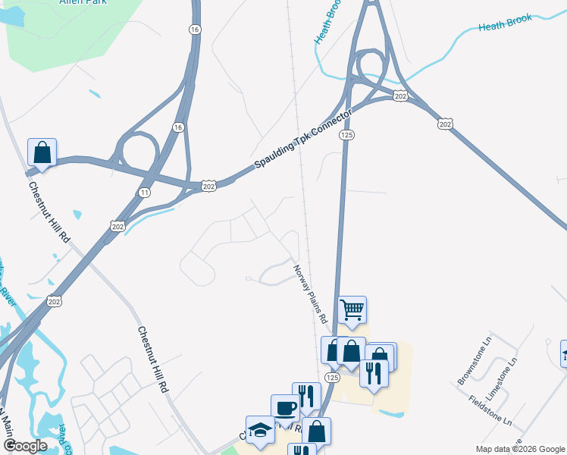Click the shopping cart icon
352,309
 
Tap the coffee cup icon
286,408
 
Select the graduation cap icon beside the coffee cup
260,429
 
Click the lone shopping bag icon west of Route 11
42,152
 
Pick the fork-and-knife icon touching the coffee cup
306,396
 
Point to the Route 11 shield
144,194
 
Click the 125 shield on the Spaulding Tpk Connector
347,135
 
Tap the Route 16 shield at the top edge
196,30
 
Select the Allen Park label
83,2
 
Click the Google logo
24,446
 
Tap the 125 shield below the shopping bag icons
331,377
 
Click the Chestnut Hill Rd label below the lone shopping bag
49,212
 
